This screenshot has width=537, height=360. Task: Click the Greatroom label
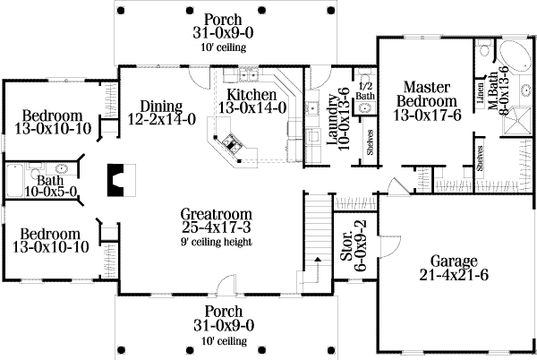216,214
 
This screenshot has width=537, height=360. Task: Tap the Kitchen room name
251,95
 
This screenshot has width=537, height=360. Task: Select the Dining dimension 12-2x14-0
162,119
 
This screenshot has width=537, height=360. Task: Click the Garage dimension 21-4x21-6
454,275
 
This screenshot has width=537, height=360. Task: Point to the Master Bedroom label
427,94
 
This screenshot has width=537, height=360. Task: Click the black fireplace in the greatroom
115,180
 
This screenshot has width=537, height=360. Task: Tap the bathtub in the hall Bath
14,180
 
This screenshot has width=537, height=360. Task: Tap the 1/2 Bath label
365,90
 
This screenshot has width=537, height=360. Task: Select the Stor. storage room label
346,246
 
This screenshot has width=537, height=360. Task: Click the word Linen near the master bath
480,92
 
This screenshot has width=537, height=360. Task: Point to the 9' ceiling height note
217,242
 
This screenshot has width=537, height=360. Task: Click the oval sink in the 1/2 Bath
365,108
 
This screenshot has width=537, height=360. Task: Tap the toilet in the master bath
484,49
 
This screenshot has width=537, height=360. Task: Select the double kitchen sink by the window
249,74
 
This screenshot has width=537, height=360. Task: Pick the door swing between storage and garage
392,244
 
